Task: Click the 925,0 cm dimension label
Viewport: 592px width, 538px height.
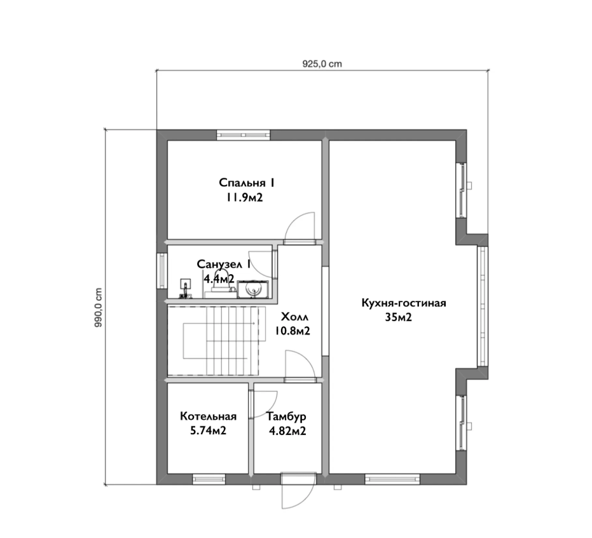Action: [x=322, y=64]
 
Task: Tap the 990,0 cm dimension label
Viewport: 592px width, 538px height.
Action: [x=98, y=307]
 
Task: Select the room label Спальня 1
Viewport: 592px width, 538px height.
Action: [x=247, y=183]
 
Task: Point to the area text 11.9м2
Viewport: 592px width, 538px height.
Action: [x=244, y=197]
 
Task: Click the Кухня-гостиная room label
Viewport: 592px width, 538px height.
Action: [x=404, y=303]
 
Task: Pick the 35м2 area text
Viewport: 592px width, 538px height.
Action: [x=398, y=317]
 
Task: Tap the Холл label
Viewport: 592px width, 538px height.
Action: [x=295, y=317]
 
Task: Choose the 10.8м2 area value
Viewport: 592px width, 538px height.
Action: [x=293, y=331]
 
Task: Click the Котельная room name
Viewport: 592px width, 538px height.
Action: [x=208, y=416]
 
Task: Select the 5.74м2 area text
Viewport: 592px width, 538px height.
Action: [x=208, y=431]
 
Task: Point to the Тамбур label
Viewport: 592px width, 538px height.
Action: [x=286, y=416]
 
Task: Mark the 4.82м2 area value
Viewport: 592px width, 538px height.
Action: [x=287, y=431]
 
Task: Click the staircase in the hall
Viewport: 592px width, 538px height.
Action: [x=214, y=341]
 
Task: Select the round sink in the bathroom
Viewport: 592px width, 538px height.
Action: [x=252, y=289]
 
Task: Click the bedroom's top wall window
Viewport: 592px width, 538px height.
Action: [x=244, y=135]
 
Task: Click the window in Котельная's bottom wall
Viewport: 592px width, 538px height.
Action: [x=209, y=479]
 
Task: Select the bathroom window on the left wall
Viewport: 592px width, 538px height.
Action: [x=162, y=270]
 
